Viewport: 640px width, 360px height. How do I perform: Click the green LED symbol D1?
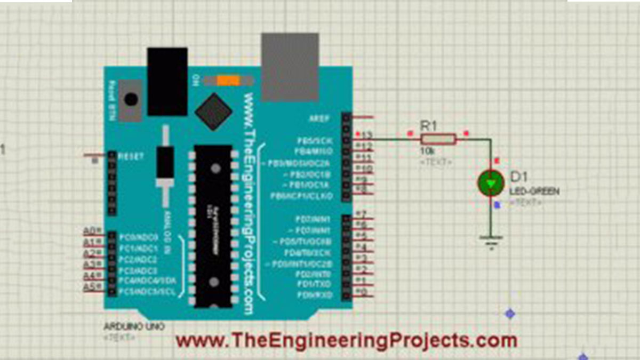coord(491,182)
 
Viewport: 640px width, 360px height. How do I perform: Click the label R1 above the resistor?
coord(429,126)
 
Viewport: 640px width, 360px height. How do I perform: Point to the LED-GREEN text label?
coord(534,191)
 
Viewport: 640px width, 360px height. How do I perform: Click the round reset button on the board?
coord(130,99)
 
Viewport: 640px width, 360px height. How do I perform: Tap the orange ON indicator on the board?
coord(228,81)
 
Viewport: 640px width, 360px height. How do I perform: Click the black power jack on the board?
coord(167,81)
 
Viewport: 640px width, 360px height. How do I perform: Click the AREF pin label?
coord(319,117)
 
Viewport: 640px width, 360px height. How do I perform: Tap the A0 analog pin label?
coord(90,231)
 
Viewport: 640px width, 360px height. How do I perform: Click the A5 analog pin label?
coord(90,287)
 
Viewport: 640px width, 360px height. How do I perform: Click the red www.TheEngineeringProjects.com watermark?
coord(347,340)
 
